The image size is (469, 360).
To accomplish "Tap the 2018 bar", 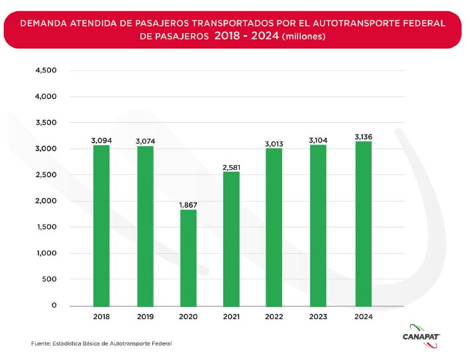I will click(x=101, y=225).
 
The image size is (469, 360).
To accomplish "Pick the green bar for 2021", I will click(x=231, y=239).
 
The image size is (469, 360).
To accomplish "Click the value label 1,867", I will click(x=188, y=206).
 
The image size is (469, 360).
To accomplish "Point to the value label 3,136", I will click(x=364, y=137).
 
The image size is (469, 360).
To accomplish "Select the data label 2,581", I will click(x=231, y=167).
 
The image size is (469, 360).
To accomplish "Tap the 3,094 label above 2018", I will click(x=101, y=141).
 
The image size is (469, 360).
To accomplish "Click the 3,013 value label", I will click(x=274, y=143).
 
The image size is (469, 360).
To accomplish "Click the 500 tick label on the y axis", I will click(x=50, y=279).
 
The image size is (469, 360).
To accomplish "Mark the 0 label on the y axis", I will click(x=55, y=306).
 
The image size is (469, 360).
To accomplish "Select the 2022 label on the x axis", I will click(x=274, y=317).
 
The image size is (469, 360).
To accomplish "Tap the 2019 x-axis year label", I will click(x=145, y=317).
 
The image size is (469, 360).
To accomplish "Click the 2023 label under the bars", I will click(x=318, y=317).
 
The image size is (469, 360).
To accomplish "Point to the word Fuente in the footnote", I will click(x=40, y=343).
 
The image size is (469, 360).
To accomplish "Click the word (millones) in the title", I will click(x=303, y=36).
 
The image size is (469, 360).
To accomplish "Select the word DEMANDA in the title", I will click(x=42, y=23).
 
